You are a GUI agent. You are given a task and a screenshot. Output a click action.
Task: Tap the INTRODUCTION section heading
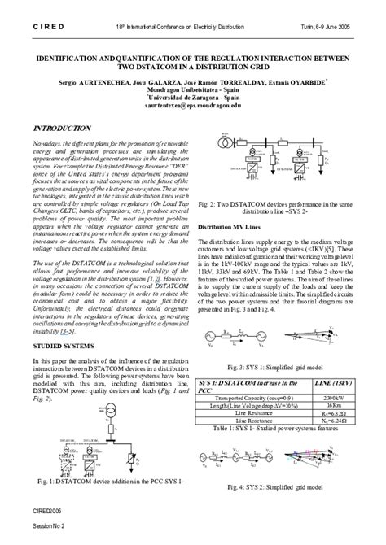point(62,129)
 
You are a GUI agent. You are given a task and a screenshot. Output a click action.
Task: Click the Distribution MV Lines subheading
point(231,227)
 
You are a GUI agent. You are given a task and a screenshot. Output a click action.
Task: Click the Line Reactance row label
point(253,420)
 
